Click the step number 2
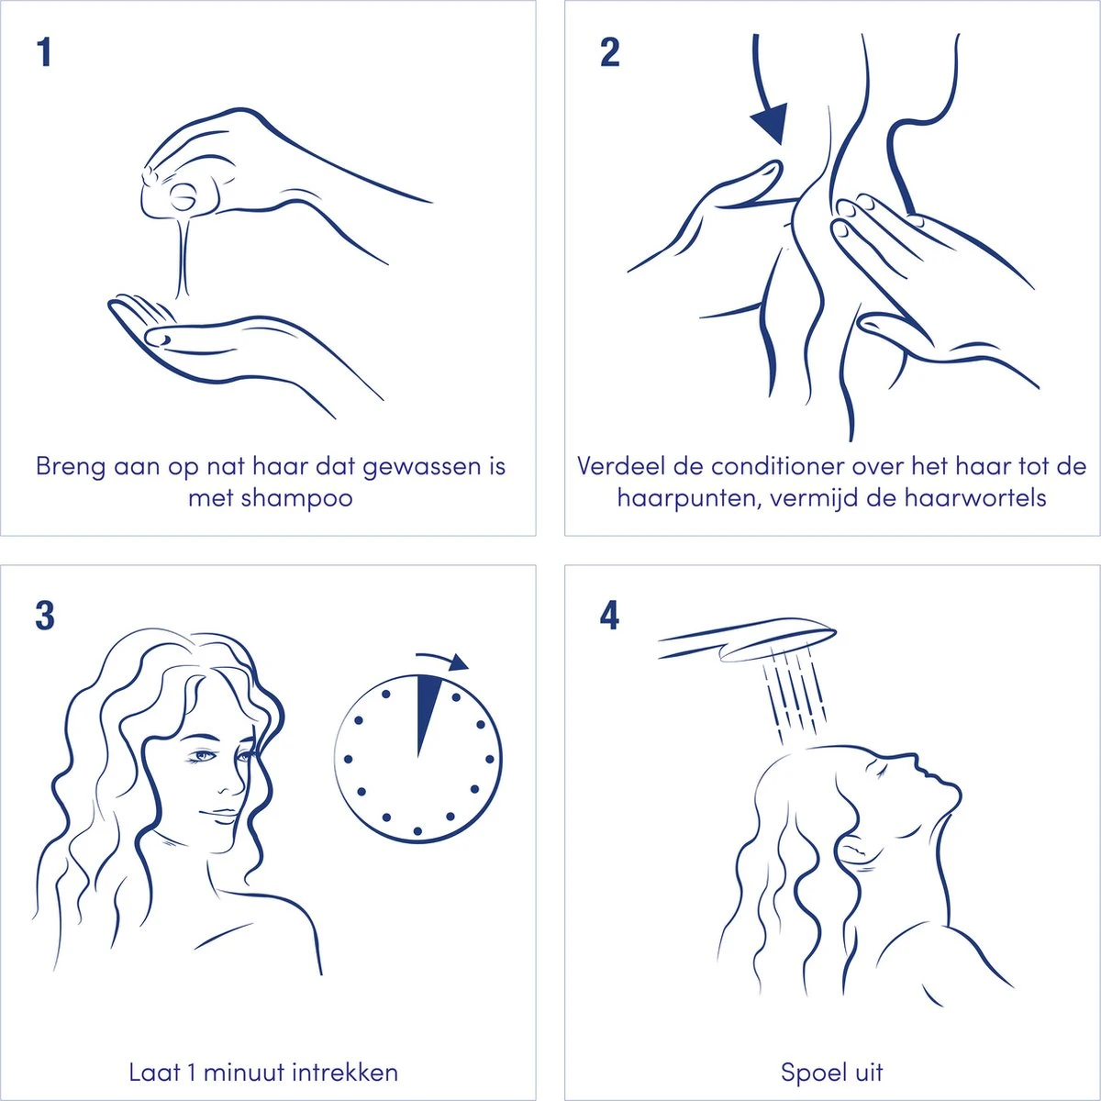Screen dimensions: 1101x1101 [x=610, y=52]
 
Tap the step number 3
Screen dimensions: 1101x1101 [x=45, y=617]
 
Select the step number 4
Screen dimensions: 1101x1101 [x=609, y=617]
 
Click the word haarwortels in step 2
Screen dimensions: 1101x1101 [x=976, y=498]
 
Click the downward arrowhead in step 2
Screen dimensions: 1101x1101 [x=770, y=123]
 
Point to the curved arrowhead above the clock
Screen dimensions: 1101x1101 [x=458, y=662]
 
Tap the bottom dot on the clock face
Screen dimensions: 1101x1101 [x=417, y=830]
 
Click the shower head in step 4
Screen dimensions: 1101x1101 [x=748, y=639]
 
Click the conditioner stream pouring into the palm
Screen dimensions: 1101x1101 [x=183, y=260]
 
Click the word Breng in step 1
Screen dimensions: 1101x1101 [x=71, y=467]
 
